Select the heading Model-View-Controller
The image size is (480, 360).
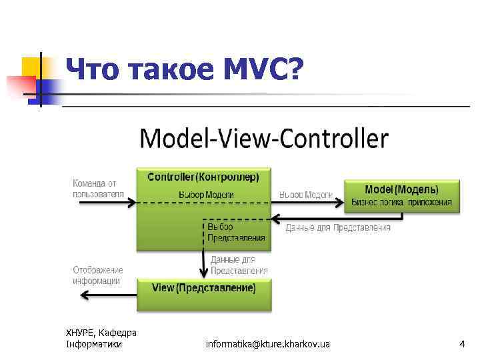[x=263, y=139]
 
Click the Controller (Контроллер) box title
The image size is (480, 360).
[x=203, y=177]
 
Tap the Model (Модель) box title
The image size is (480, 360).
[x=401, y=189]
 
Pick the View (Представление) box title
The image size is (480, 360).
[x=203, y=288]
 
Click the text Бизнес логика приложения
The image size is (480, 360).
[x=401, y=202]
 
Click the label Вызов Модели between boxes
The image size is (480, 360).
[x=306, y=194]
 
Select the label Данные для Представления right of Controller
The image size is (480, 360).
[x=338, y=228]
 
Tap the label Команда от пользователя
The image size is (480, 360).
[x=99, y=188]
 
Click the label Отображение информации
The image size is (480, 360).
[x=98, y=275]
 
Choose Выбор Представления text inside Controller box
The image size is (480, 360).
[x=235, y=232]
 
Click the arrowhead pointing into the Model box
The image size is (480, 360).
[x=339, y=202]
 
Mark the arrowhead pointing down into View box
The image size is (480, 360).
[x=203, y=273]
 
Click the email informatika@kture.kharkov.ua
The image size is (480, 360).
[x=267, y=344]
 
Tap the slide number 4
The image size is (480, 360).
[x=461, y=344]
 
